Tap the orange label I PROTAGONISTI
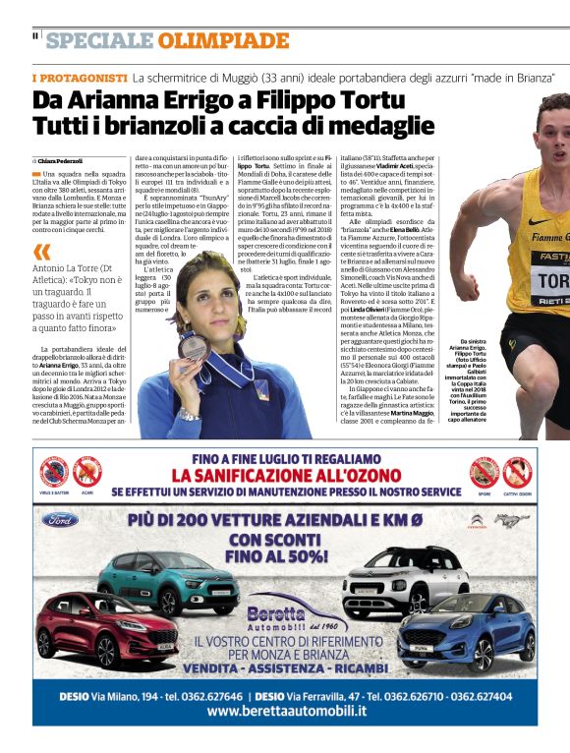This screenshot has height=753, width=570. coord(80,77)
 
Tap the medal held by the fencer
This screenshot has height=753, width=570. coord(194,347)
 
